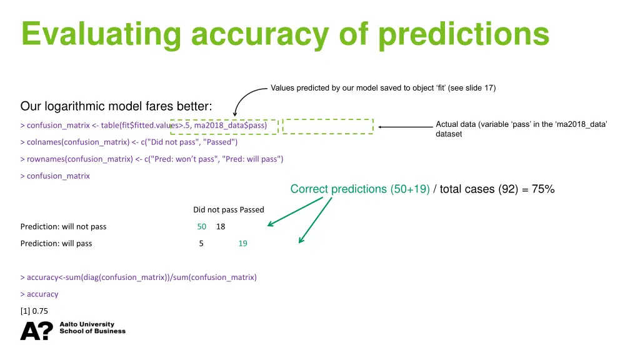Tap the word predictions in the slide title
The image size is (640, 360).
click(x=463, y=34)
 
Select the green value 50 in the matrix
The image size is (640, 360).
click(x=201, y=226)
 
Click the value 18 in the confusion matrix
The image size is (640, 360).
click(x=221, y=226)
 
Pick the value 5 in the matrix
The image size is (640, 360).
click(x=201, y=243)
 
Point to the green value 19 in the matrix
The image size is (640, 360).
click(x=242, y=243)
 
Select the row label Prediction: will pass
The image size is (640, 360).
click(x=56, y=243)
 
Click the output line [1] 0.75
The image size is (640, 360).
click(x=34, y=311)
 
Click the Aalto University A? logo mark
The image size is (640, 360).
click(x=37, y=331)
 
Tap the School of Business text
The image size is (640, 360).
click(x=92, y=331)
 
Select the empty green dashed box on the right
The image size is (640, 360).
click(x=327, y=126)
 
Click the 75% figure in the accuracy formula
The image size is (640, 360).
click(x=542, y=189)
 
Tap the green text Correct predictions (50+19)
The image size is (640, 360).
click(x=359, y=189)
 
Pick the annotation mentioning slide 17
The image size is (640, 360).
click(x=382, y=87)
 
